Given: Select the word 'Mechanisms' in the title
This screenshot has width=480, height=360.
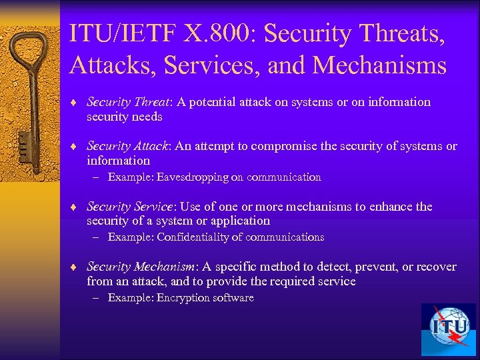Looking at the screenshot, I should click(379, 65).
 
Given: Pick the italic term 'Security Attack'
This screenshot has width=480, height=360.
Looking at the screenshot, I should click(126, 146).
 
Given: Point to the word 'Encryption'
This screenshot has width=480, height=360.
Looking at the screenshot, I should click(183, 298).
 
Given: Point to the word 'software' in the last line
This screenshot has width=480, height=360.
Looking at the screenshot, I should click(233, 298).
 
